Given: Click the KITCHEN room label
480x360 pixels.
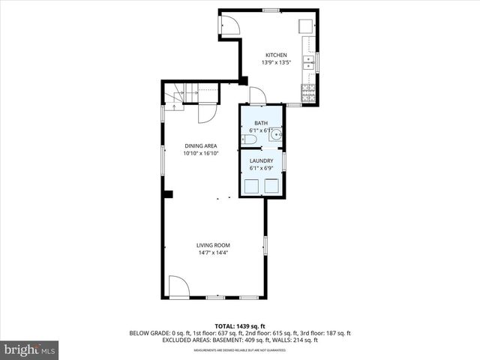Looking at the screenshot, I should pos(276,55).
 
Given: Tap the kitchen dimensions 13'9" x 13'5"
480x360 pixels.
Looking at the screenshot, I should pos(276,62).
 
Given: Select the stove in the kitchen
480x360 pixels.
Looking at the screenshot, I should pos(308,93).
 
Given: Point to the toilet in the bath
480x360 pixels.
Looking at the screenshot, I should pos(252,139).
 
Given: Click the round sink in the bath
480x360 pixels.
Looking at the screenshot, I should pos(276,136).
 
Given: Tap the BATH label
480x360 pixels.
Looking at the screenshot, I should pos(261,123).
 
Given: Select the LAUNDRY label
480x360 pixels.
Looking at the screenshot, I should pos(261,160).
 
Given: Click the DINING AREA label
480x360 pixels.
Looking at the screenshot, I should pos(201,145).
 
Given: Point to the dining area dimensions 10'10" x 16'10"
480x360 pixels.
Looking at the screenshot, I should pos(201,153).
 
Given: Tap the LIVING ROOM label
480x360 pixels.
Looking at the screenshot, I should pos(213,245).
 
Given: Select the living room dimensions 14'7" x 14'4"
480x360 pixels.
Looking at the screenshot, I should pos(213,253).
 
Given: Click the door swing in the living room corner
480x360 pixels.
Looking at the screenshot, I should pos(178,286).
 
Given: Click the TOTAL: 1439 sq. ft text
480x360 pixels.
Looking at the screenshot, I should pos(240,326).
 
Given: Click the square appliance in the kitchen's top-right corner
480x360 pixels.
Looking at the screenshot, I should pos(306,25).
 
